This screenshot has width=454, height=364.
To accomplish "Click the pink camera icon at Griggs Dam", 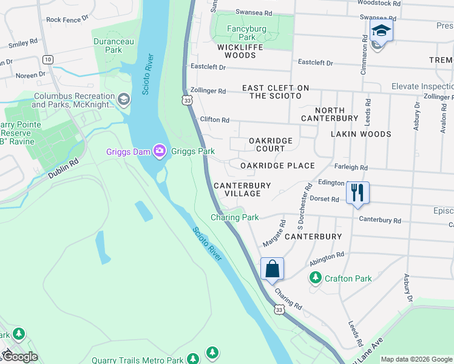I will click(160, 151).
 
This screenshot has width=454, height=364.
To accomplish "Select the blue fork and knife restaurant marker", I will click(357, 193).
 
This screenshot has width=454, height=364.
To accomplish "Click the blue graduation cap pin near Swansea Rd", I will click(381, 30).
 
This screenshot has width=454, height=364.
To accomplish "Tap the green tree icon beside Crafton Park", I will click(315, 278).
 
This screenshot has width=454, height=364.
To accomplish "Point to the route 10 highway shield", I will click(47, 59).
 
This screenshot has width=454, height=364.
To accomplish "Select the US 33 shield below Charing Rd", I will click(279, 309).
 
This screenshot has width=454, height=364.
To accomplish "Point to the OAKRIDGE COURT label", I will click(271, 144).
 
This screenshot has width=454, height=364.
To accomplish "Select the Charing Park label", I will click(235, 217).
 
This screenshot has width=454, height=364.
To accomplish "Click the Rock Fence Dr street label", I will click(63, 19).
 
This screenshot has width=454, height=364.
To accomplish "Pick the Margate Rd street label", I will click(274, 234).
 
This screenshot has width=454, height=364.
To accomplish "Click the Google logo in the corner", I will click(20, 357).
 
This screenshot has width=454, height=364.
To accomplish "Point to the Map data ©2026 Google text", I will click(416, 359).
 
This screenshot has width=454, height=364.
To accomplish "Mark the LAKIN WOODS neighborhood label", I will click(361, 133).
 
